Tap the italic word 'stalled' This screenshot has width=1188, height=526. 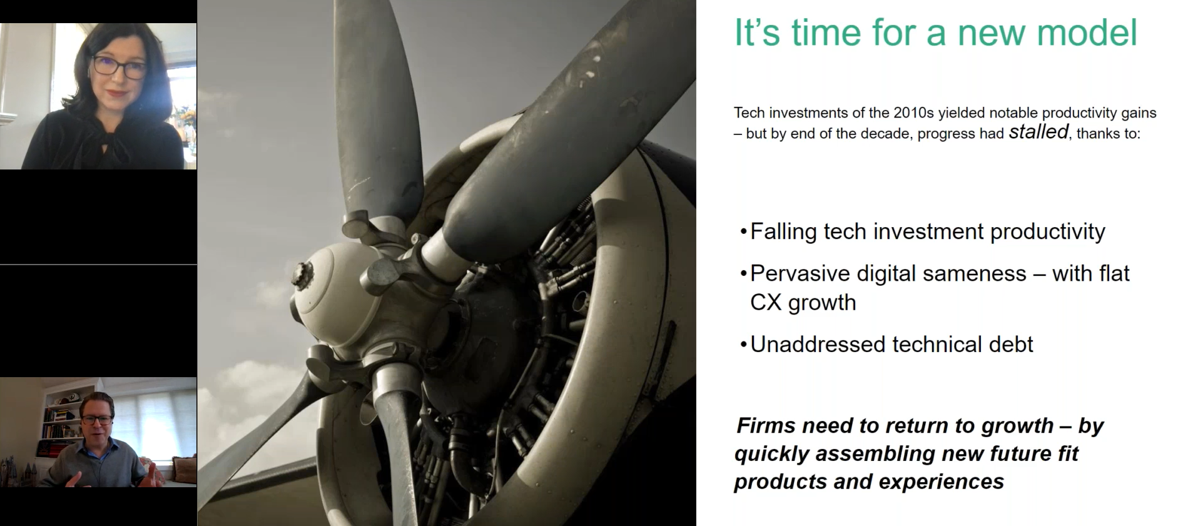(x=1038, y=132)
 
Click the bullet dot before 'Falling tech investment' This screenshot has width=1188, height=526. (x=743, y=232)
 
